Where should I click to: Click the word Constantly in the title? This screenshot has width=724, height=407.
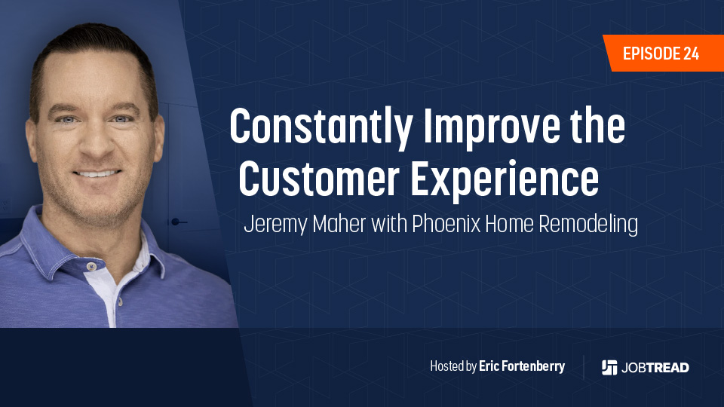[321, 127]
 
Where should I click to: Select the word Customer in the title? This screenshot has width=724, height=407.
[319, 179]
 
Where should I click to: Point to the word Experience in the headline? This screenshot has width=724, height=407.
[505, 181]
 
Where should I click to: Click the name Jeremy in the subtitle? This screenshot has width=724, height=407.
[276, 225]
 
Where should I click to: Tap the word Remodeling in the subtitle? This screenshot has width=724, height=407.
[588, 225]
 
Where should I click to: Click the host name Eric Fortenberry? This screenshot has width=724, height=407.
[522, 366]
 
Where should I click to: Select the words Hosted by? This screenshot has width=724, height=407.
[453, 366]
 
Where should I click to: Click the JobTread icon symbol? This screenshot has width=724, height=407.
[609, 367]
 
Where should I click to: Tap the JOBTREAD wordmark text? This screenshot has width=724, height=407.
[655, 368]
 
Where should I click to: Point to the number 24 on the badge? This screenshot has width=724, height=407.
[692, 54]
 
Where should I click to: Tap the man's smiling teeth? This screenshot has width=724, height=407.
[97, 174]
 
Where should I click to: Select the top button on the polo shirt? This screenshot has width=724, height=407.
[91, 266]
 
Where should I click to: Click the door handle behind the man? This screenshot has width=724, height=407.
[178, 222]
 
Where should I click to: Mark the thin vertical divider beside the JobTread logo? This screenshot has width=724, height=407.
[584, 367]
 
